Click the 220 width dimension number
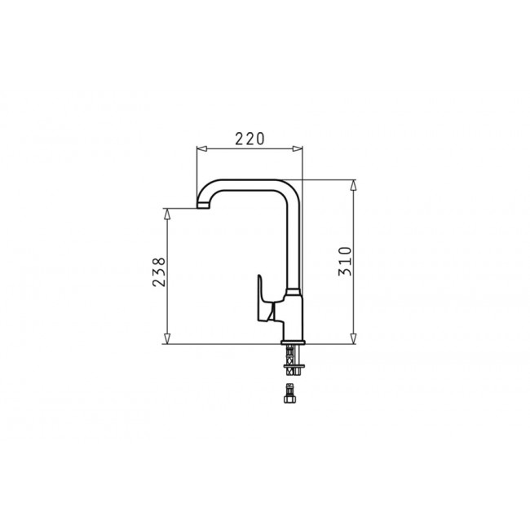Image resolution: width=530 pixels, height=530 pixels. [250, 139]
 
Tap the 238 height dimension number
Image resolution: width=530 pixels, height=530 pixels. [159, 272]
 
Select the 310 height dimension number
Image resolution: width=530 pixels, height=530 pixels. [345, 260]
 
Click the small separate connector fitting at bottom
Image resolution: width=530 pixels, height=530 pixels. [289, 397]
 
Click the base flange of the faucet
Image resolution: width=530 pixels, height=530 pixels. [292, 341]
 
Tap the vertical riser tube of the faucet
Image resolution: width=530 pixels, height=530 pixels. [295, 245]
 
